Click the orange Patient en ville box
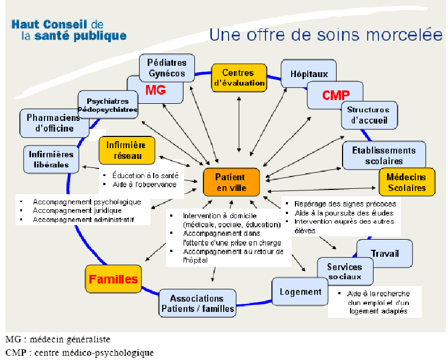[231, 182]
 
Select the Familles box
[113, 279]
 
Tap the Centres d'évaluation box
[239, 78]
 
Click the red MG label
[156, 90]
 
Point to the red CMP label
[336, 95]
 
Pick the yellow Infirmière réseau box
[126, 150]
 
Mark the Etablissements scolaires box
[384, 156]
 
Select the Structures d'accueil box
[369, 115]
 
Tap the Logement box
[301, 292]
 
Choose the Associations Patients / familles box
[198, 303]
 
